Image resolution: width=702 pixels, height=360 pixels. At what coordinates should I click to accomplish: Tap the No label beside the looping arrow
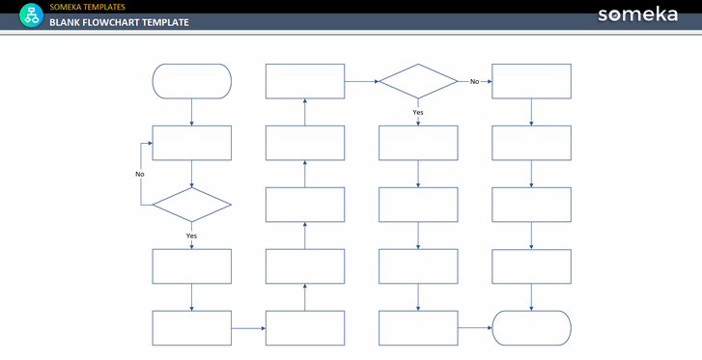(x=140, y=174)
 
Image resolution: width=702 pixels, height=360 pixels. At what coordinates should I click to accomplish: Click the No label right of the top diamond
(x=474, y=81)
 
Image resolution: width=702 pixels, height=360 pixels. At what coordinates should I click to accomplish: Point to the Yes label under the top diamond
(x=418, y=112)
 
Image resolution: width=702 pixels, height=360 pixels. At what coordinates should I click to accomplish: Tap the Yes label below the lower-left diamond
(x=191, y=235)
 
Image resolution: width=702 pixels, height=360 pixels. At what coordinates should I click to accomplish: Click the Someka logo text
(x=637, y=14)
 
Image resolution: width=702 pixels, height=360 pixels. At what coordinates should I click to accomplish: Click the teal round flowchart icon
(x=31, y=15)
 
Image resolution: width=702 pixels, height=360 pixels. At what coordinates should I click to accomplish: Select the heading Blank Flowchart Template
(x=119, y=22)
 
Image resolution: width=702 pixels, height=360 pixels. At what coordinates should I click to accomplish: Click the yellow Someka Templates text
(x=87, y=7)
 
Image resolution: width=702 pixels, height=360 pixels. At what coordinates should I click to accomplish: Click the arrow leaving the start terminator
(x=191, y=112)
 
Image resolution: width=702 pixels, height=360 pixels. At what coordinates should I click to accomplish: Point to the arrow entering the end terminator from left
(x=475, y=328)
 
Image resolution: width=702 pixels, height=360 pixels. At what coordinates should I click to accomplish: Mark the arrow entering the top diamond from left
(x=362, y=81)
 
